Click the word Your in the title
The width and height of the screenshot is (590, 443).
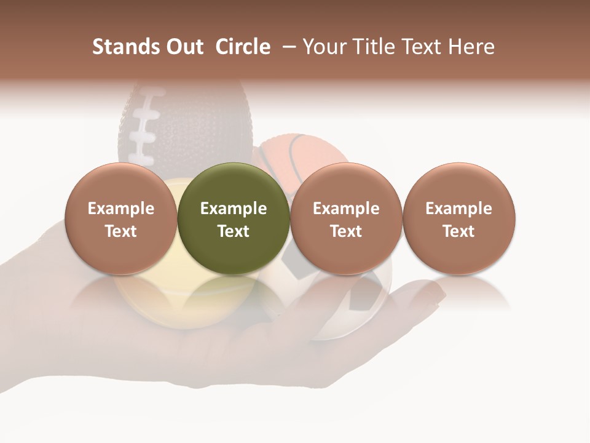point(325,47)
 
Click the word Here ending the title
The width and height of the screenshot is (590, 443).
point(471,47)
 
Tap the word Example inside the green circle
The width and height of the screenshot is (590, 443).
point(234,209)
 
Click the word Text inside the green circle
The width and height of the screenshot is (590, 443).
point(234,231)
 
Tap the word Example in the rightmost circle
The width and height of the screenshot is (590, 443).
point(458,209)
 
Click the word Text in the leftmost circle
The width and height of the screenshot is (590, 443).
point(121,231)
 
